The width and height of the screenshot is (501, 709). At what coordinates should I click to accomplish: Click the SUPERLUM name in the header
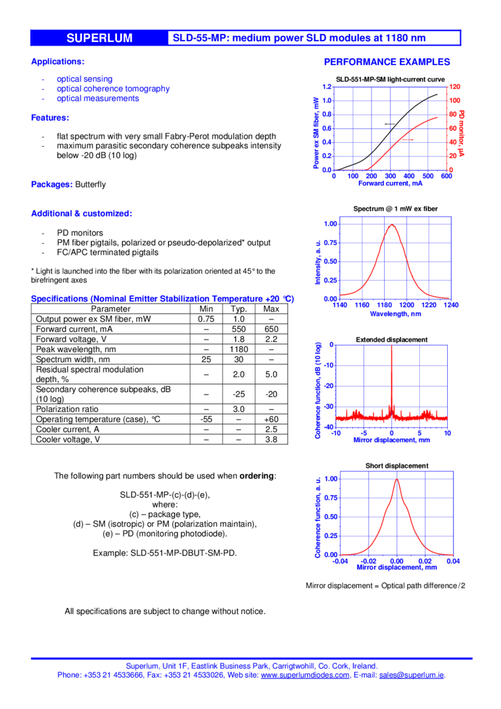pyautogui.click(x=99, y=39)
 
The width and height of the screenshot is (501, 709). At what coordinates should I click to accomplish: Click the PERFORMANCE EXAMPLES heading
pyautogui.click(x=387, y=62)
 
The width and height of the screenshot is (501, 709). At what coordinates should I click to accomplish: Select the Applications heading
pyautogui.click(x=57, y=62)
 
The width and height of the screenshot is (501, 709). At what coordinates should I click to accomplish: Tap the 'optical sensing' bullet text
pyautogui.click(x=84, y=78)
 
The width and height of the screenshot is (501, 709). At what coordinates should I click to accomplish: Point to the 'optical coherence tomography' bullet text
pyautogui.click(x=113, y=88)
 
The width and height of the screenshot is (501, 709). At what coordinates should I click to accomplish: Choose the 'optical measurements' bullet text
pyautogui.click(x=98, y=98)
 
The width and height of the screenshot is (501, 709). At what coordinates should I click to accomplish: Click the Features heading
pyautogui.click(x=50, y=118)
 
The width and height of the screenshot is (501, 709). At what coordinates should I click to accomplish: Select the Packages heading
pyautogui.click(x=52, y=185)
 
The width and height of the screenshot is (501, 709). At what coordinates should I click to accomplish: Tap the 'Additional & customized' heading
pyautogui.click(x=81, y=213)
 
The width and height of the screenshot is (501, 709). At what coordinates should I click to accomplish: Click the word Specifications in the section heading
pyautogui.click(x=59, y=299)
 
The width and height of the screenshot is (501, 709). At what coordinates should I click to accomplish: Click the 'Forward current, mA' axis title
pyautogui.click(x=390, y=183)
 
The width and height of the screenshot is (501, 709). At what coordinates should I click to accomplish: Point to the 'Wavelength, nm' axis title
pyautogui.click(x=395, y=314)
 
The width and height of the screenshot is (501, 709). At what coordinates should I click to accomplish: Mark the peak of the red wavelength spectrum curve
pyautogui.click(x=391, y=225)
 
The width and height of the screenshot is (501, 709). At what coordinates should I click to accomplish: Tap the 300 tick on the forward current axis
pyautogui.click(x=390, y=176)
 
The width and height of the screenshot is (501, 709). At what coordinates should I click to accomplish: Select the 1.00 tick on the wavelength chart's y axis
pyautogui.click(x=331, y=224)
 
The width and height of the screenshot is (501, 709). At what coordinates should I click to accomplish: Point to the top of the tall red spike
pyautogui.click(x=391, y=346)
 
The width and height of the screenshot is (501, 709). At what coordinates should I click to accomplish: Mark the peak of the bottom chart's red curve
pyautogui.click(x=397, y=479)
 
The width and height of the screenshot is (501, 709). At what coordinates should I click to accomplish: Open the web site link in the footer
pyautogui.click(x=305, y=675)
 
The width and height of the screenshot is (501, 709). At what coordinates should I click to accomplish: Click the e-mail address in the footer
pyautogui.click(x=412, y=675)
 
